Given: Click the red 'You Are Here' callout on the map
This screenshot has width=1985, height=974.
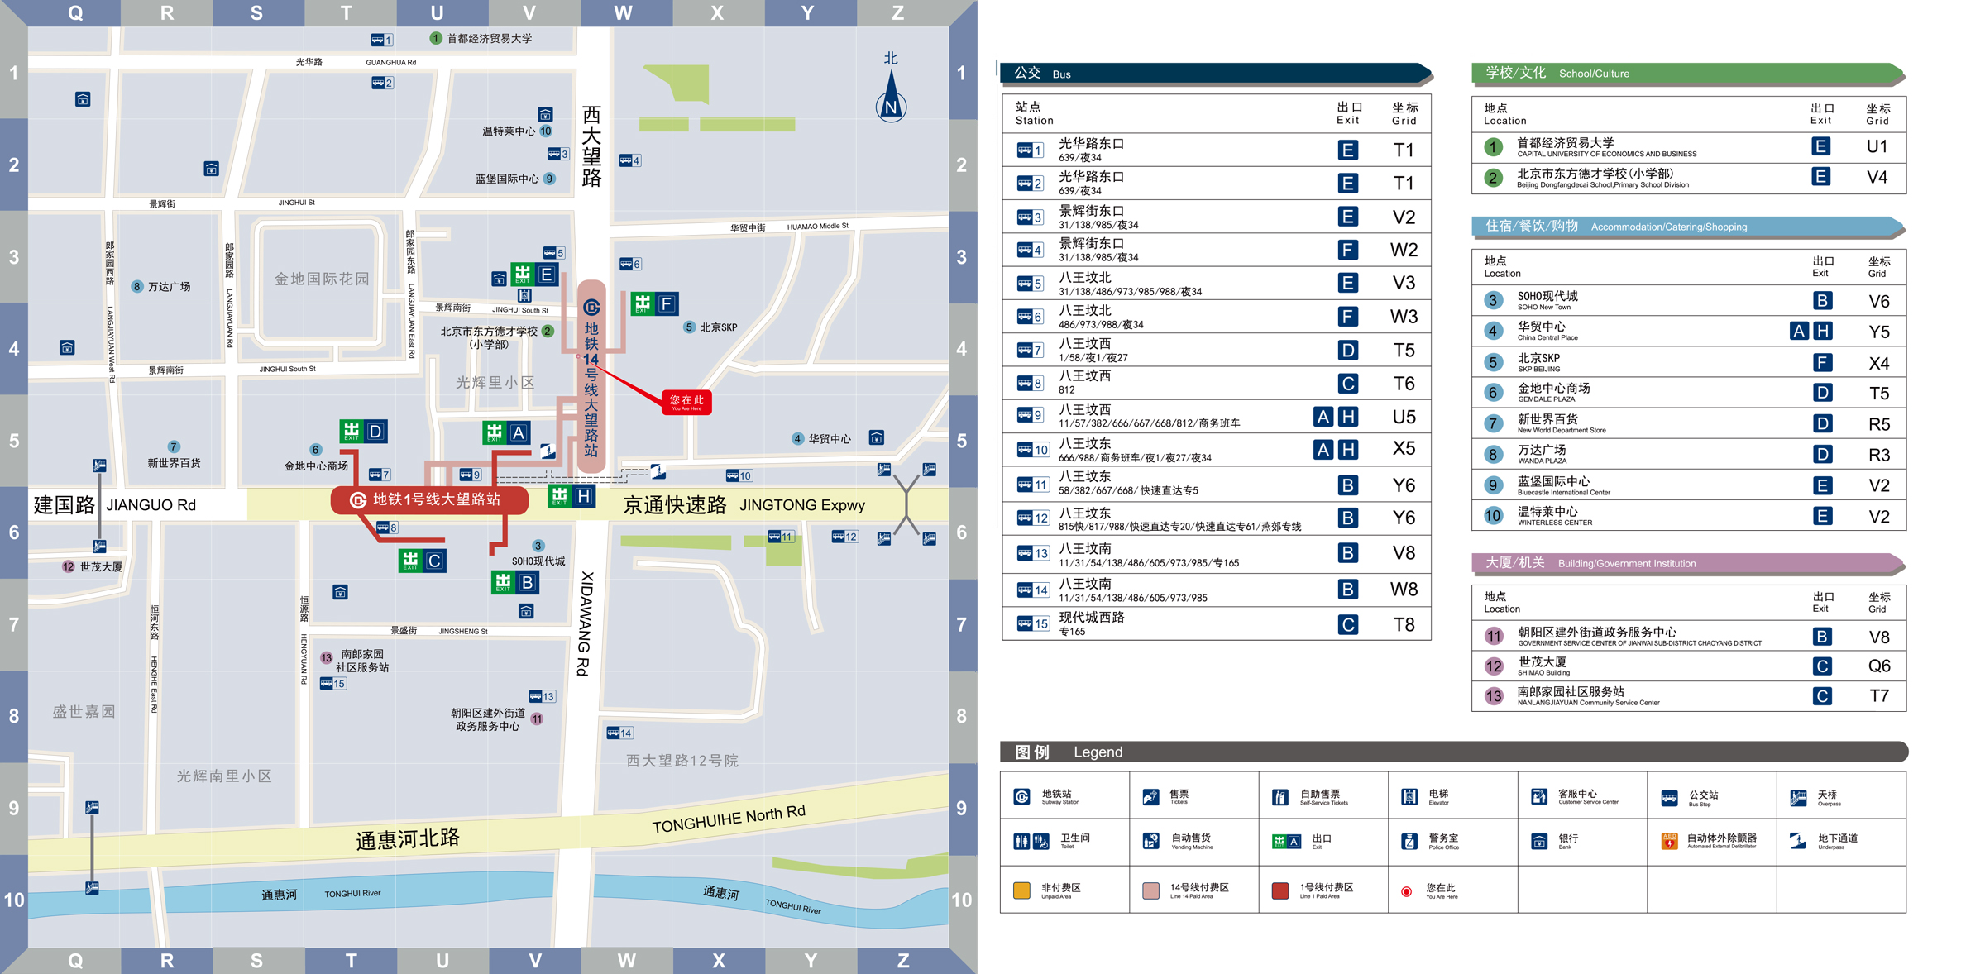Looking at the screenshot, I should pos(686,402).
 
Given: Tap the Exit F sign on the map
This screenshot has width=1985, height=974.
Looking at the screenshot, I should pos(654,304).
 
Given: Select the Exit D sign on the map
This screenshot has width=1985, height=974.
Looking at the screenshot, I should pos(364,432).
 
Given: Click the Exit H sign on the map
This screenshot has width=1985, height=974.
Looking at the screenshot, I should pos(572,496).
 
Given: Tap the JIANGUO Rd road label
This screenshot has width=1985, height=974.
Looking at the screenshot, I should pos(151,505).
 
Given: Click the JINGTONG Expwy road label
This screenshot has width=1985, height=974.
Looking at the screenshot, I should pos(801,505).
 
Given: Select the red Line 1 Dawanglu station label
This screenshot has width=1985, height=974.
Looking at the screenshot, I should pos(429,499).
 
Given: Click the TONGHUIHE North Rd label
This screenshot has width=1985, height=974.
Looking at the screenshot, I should pos(728,819).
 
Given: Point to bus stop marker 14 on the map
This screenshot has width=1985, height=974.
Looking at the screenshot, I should pos(619,733).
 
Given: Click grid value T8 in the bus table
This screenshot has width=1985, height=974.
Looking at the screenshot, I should pos(1403,624).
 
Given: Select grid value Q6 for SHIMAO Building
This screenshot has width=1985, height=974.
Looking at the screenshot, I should pos(1878,666).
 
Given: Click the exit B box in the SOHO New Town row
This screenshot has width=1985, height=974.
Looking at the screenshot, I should pos(1822,300).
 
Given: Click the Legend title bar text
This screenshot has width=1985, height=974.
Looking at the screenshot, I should pos(1098,752).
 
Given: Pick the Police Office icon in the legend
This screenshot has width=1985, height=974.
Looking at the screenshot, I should pos(1409,841).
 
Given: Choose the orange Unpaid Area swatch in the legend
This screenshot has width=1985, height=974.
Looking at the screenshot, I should pos(1021,890).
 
